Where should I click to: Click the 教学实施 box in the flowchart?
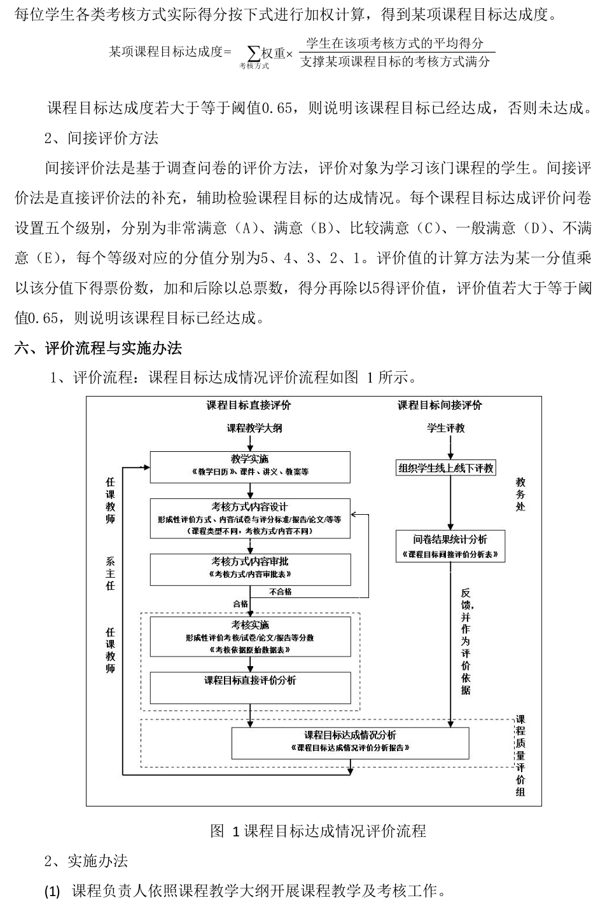click(250, 466)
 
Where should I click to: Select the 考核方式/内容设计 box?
click(250, 517)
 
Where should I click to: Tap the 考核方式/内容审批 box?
click(250, 568)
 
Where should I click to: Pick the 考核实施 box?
click(250, 636)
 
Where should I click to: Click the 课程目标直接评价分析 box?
click(250, 687)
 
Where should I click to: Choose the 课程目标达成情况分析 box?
click(350, 742)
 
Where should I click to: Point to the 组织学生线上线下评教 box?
click(445, 468)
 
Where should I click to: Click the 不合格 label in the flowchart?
click(281, 592)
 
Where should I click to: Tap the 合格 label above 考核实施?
click(240, 604)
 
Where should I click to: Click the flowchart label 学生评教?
click(445, 428)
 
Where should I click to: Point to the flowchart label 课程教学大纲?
click(254, 428)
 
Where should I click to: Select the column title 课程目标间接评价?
click(440, 405)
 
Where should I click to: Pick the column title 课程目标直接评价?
click(249, 405)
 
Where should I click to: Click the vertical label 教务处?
click(520, 494)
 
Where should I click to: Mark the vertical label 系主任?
click(111, 574)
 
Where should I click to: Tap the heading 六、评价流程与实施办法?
click(98, 348)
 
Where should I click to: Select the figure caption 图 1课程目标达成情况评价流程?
click(317, 831)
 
